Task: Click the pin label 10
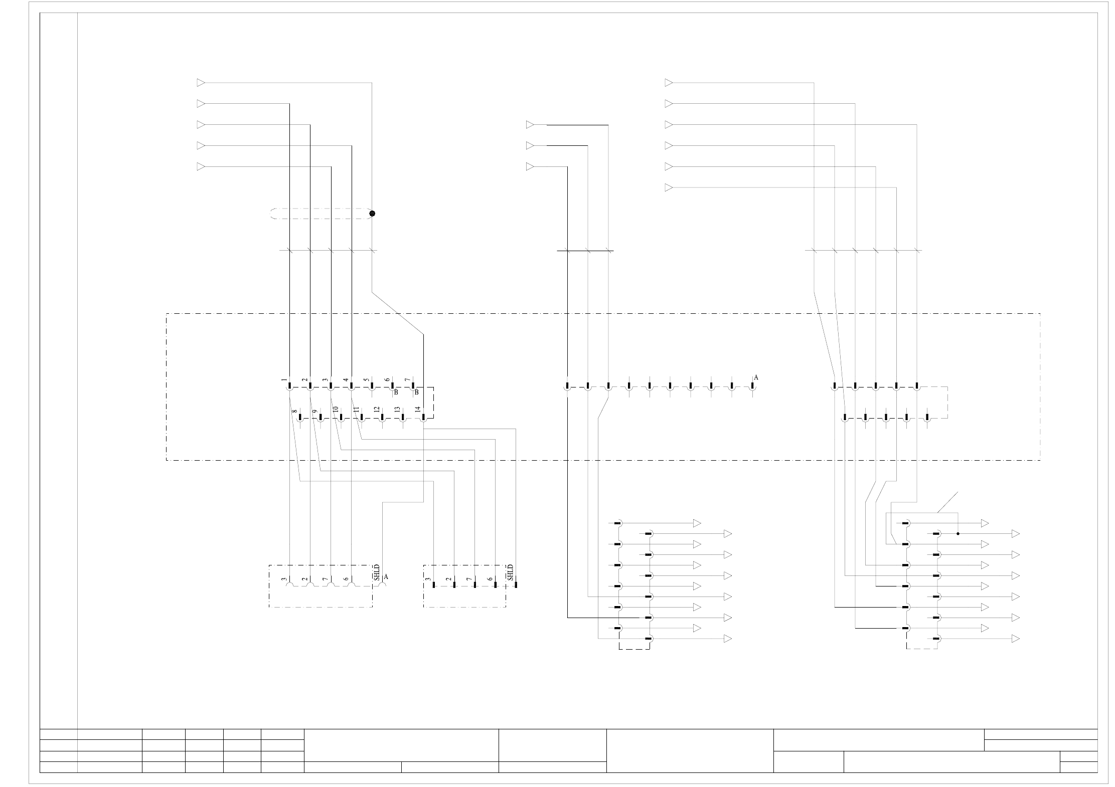335,410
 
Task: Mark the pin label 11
356,410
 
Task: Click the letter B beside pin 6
396,392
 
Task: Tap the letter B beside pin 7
416,392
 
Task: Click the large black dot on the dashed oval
372,214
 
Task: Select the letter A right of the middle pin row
756,377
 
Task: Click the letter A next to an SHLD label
386,577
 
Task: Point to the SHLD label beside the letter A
377,572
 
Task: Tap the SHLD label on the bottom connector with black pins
510,572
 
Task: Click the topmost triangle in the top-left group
201,83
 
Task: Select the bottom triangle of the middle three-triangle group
530,166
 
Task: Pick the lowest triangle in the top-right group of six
668,187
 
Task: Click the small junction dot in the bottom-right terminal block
958,533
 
